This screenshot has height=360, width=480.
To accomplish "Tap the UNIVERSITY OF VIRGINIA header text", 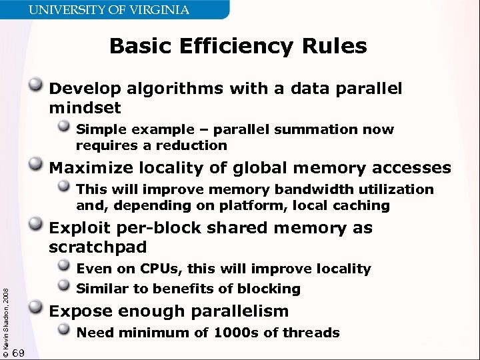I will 117,10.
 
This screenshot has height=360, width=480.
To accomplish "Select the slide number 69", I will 19,352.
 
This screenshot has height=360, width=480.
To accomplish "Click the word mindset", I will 85,107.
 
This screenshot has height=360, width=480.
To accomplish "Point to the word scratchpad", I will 97,247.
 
